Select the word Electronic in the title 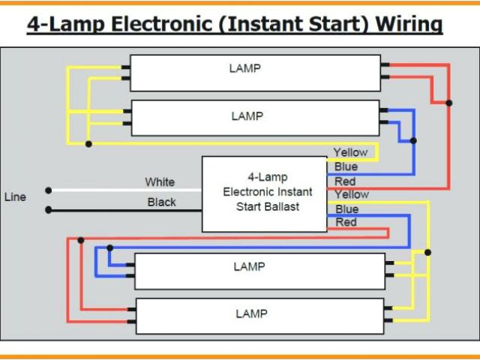[156, 24]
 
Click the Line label [15, 197]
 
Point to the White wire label [160, 181]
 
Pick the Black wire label [161, 202]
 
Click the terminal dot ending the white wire [49, 190]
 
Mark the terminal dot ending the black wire [49, 210]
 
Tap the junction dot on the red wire [448, 103]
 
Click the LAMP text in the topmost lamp [245, 68]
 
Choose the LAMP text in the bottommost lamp [251, 313]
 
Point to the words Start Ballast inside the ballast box [267, 206]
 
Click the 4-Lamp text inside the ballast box [267, 178]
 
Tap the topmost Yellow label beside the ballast [350, 152]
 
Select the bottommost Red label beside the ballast [346, 222]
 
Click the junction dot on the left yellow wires [88, 142]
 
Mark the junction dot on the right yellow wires [428, 252]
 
